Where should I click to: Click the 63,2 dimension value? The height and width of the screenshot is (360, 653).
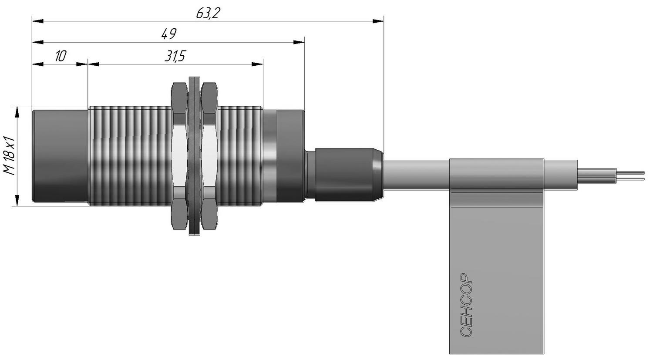(208, 13)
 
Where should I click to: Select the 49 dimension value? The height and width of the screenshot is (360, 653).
(169, 34)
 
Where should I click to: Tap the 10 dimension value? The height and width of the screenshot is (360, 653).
(61, 56)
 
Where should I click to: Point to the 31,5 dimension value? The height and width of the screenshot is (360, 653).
(175, 56)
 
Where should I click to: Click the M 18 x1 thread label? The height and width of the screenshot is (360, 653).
(9, 155)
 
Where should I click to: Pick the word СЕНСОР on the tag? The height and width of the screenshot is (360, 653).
(465, 305)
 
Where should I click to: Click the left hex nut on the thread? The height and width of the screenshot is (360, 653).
(178, 156)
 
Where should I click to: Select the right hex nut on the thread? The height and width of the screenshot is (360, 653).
(209, 156)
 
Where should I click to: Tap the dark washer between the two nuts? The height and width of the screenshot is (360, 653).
(195, 156)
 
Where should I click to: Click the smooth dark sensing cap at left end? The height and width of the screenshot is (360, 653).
(60, 156)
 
